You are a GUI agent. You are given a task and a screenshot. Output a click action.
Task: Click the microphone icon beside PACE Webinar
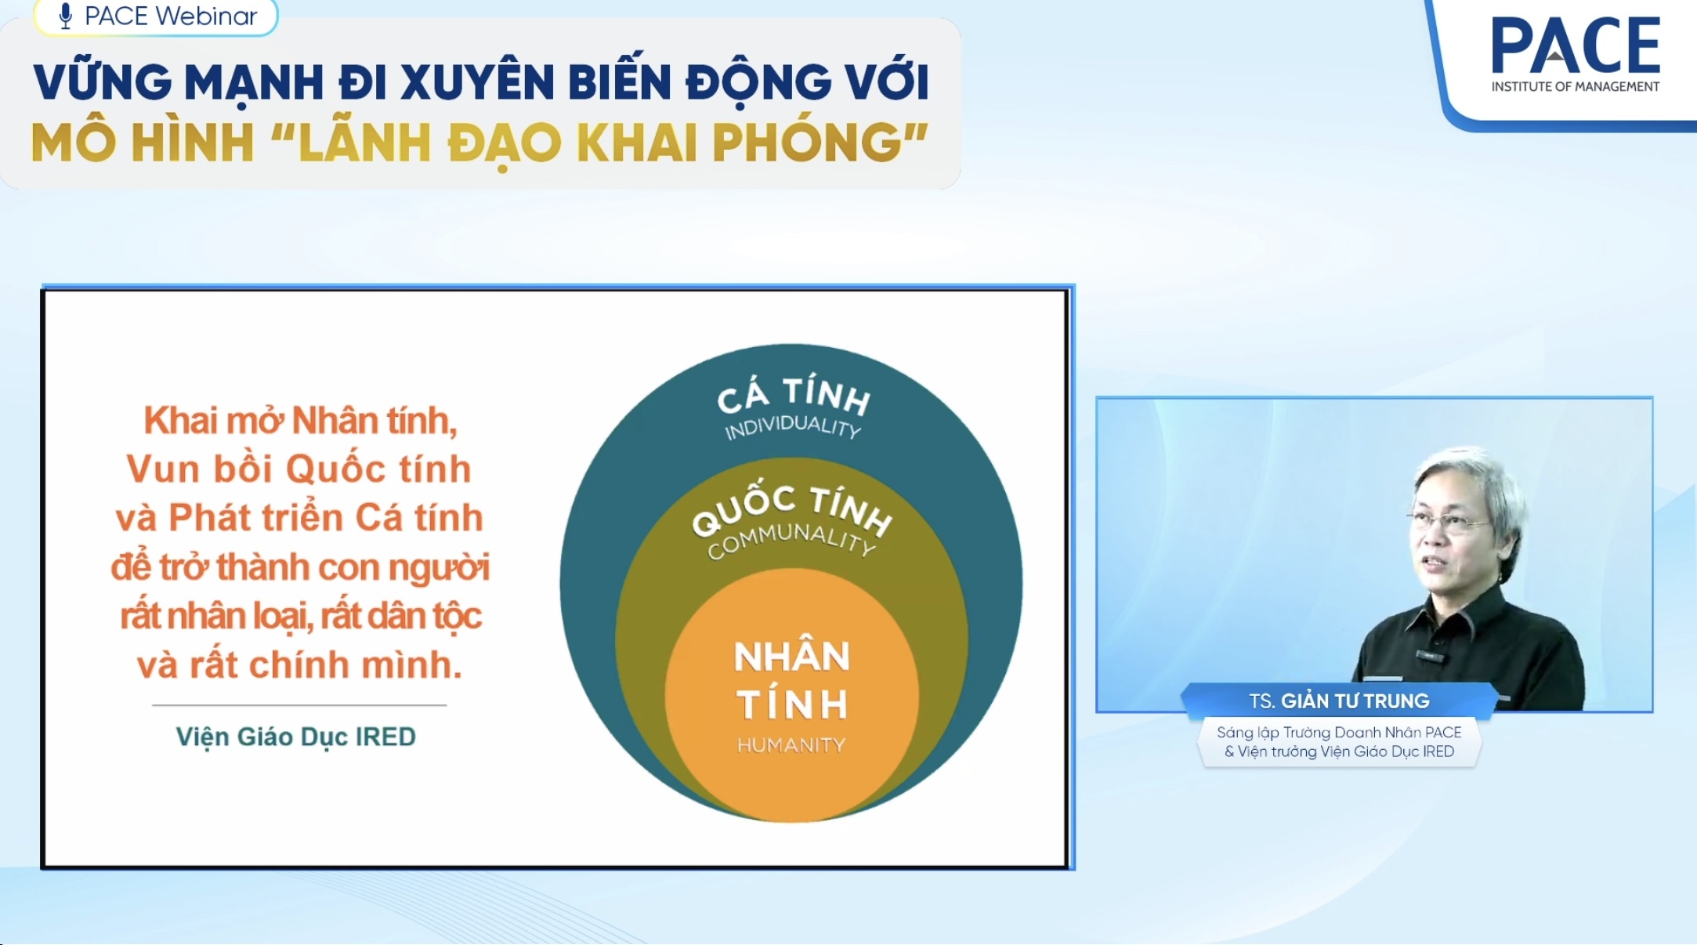tap(66, 16)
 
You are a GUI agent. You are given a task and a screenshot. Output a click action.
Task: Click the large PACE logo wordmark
tap(1576, 45)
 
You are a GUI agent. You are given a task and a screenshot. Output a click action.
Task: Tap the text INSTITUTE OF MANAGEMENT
tap(1575, 87)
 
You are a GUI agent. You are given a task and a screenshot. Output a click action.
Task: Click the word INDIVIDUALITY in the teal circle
tap(793, 427)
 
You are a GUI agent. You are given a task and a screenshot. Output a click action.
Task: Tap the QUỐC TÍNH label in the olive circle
tap(791, 510)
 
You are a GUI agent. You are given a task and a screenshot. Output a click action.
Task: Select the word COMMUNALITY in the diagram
tap(791, 541)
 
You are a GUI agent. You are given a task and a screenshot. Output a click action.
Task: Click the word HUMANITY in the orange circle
tap(791, 745)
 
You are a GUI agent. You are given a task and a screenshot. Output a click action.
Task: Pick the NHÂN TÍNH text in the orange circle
tap(792, 679)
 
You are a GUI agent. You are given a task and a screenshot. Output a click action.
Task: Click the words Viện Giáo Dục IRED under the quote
tap(295, 737)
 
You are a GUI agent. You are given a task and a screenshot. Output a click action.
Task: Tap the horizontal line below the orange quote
tap(299, 705)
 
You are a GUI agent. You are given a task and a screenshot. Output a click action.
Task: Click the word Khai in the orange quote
tap(180, 421)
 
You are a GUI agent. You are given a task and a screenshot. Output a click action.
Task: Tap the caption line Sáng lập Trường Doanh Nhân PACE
tap(1339, 733)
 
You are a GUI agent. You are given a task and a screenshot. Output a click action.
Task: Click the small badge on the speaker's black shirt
tap(1431, 655)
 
